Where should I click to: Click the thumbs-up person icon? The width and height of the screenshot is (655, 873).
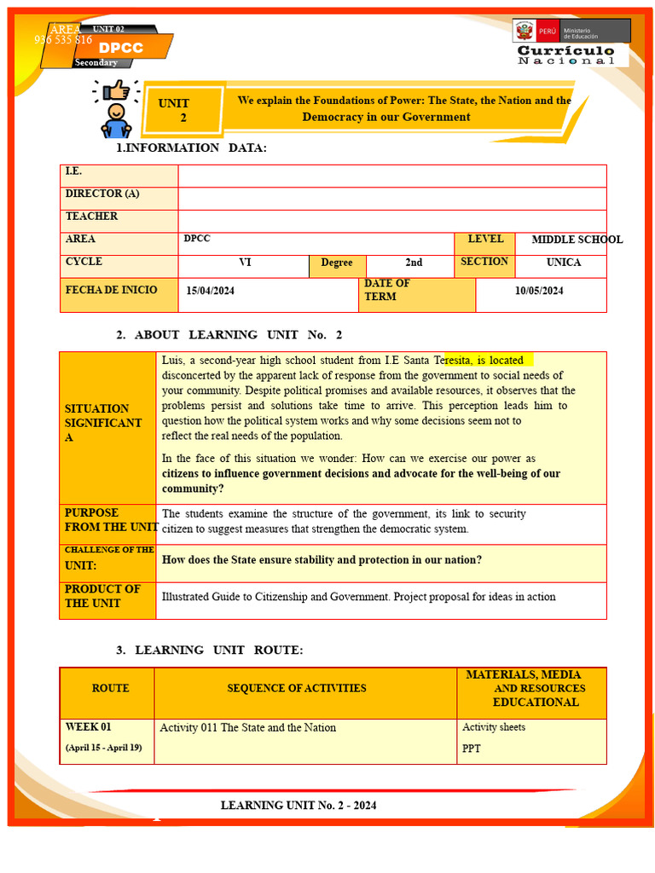coord(116,108)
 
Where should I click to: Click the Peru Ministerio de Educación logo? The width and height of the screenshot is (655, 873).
coord(571,32)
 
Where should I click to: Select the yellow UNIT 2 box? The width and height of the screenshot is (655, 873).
coord(177,110)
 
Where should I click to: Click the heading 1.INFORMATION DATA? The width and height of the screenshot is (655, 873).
coord(191,148)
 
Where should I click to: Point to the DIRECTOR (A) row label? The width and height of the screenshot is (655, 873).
coord(102,194)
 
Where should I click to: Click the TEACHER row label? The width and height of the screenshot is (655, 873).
coord(91,217)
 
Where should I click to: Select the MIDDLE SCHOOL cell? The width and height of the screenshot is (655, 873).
coord(577,240)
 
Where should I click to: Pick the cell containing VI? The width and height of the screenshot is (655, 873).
coord(245,263)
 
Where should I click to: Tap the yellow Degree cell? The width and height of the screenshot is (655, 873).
coord(337,263)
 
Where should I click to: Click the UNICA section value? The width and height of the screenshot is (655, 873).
coord(563,263)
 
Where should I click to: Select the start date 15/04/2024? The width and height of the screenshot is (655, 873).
coord(211,292)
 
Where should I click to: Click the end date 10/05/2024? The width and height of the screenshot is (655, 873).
coord(539,291)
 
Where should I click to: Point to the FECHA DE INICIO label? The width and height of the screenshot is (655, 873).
coord(111,290)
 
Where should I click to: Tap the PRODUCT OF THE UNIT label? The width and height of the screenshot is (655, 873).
coord(102,596)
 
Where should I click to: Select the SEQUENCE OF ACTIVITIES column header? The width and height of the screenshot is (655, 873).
coord(297,688)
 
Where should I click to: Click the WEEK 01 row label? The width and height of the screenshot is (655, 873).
coord(89,727)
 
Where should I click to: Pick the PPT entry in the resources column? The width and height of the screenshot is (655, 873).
coord(472,748)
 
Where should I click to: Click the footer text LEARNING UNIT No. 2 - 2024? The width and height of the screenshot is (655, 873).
coord(299,806)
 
